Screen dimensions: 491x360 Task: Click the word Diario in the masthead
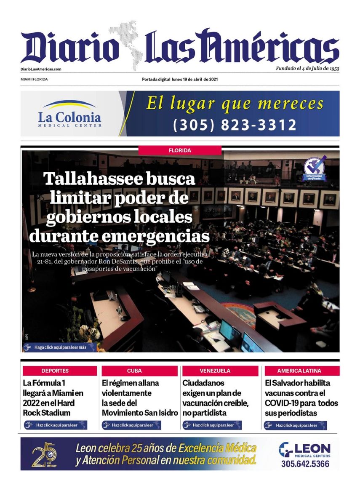click(69, 47)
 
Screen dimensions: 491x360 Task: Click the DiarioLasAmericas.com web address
click(41, 69)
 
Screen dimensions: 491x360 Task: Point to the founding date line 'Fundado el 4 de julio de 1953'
click(307, 68)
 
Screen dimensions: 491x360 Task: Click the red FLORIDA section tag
click(180, 150)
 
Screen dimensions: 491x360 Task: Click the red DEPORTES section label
click(55, 371)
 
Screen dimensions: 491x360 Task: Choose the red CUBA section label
click(134, 371)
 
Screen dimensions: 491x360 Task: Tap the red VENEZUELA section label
click(215, 371)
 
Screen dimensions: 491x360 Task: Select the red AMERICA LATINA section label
click(299, 371)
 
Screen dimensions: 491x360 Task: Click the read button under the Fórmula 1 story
click(55, 425)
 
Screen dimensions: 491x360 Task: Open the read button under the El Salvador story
click(296, 425)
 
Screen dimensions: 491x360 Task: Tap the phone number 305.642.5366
click(305, 464)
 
